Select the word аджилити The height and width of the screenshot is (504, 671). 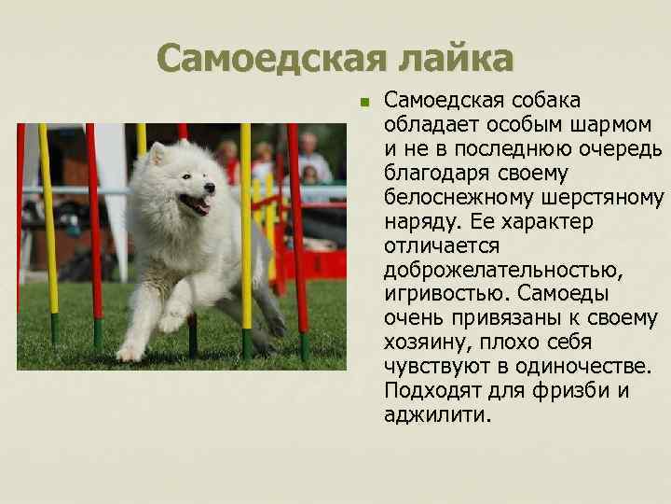tap(435, 415)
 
